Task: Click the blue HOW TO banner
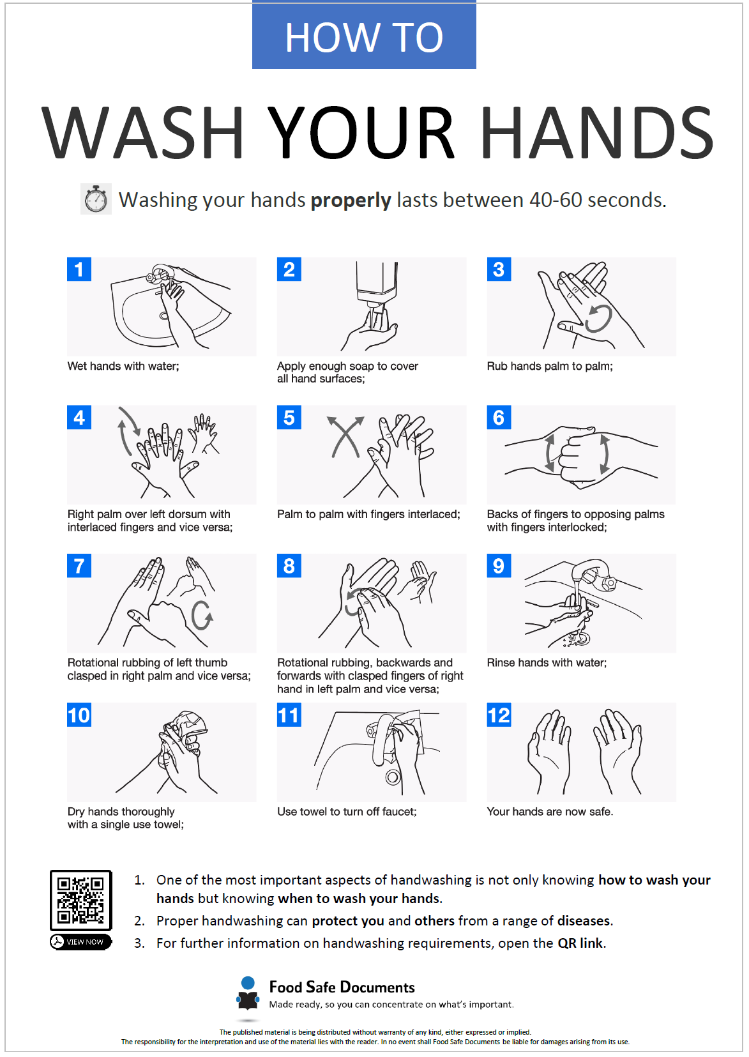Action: point(364,36)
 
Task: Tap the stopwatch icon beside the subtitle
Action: point(96,199)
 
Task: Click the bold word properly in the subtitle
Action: point(351,201)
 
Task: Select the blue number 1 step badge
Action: point(79,270)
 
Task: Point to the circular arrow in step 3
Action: point(599,318)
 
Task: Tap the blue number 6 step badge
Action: point(499,418)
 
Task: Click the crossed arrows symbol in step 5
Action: point(345,437)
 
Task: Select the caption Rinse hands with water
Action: point(547,663)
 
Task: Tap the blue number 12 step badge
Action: point(499,715)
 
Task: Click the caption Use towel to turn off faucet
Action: point(347,812)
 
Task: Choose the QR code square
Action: point(81,900)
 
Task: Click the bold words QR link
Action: point(580,943)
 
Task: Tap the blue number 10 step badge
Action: point(79,715)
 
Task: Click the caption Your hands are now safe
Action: point(550,812)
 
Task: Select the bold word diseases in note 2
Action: point(584,921)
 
